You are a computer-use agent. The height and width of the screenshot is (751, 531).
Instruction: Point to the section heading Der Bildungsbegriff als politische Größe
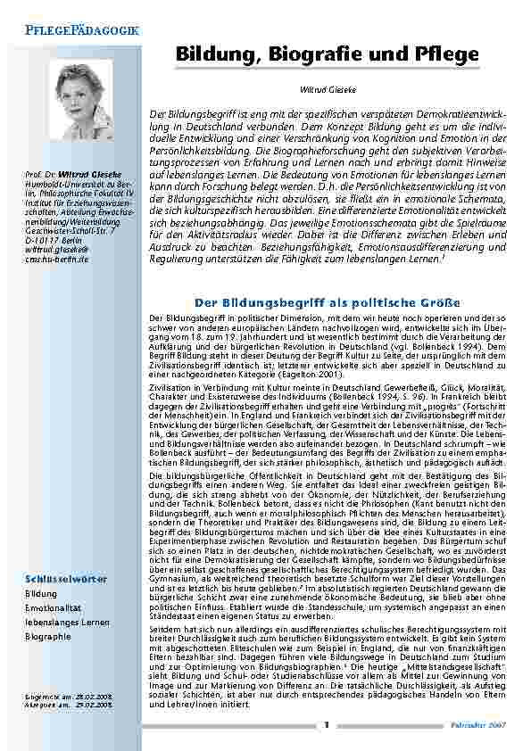point(328,302)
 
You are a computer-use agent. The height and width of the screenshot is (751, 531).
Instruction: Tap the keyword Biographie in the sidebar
point(48,637)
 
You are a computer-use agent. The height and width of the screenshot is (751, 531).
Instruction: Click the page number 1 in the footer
point(327,724)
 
